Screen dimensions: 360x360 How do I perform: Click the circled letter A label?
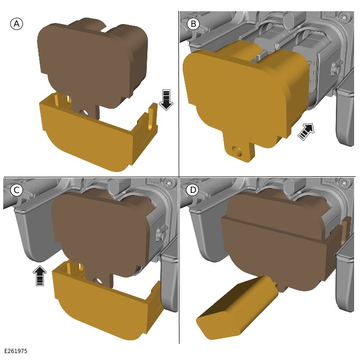tap(17, 24)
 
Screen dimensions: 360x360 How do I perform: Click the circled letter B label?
tap(193, 24)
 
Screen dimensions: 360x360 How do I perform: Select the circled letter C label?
tap(17, 190)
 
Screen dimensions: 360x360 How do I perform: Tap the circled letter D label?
tap(192, 190)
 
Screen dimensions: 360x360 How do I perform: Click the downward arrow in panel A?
tap(166, 100)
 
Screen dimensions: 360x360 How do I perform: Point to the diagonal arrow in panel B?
tap(306, 131)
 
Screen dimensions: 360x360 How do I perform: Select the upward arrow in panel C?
tap(40, 275)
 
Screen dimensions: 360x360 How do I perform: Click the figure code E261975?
tap(16, 351)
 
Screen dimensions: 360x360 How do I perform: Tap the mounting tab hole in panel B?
tap(237, 151)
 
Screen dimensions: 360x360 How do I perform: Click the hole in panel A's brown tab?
tap(84, 113)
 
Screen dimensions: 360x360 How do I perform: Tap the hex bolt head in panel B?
tap(344, 17)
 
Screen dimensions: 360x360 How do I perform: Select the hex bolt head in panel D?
tap(344, 183)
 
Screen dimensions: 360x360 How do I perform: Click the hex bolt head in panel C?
tap(168, 183)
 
